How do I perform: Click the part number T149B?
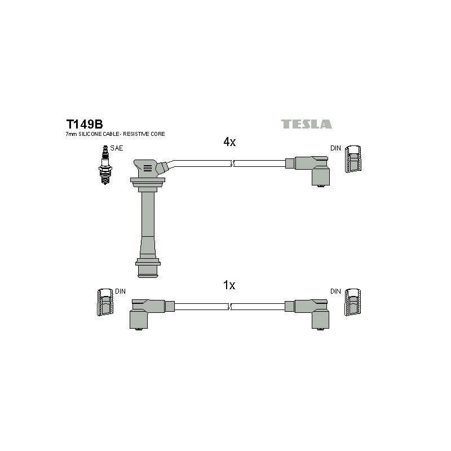(x=85, y=124)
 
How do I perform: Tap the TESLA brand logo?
(x=306, y=124)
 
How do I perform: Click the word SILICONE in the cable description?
(x=90, y=134)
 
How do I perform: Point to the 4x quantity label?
(x=229, y=142)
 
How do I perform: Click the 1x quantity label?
(x=229, y=285)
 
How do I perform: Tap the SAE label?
(x=117, y=148)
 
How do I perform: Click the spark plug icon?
(x=105, y=165)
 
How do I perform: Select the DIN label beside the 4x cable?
(x=335, y=148)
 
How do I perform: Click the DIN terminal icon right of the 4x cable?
(x=353, y=159)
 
